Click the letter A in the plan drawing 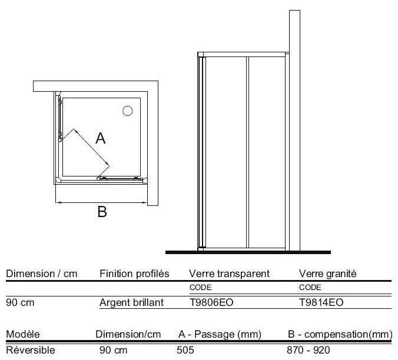(x=101, y=139)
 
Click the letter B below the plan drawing (x=102, y=213)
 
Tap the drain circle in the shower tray (x=127, y=111)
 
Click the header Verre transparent (x=229, y=274)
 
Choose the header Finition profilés (x=135, y=274)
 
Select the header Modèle (x=22, y=335)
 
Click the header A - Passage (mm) (x=219, y=335)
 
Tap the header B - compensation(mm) (x=340, y=335)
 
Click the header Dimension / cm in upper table (x=41, y=274)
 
